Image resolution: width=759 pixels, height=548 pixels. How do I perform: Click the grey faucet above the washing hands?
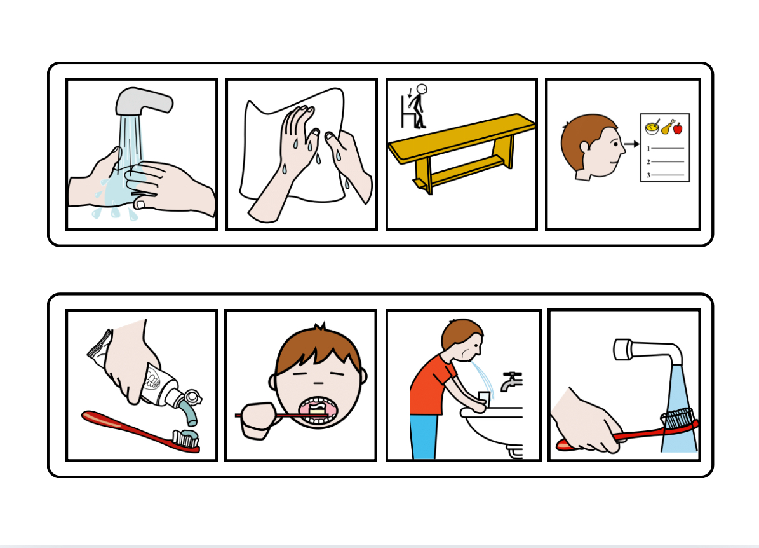click(143, 100)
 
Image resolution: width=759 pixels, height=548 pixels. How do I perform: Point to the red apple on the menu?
click(678, 128)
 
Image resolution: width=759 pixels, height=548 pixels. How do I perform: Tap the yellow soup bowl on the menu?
click(652, 128)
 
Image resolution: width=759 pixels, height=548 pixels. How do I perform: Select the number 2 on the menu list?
click(648, 161)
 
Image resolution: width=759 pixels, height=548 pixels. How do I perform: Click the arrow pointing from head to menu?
click(631, 144)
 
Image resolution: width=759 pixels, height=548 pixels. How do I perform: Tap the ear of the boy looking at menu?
click(584, 147)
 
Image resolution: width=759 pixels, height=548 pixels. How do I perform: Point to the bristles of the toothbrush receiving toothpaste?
click(187, 437)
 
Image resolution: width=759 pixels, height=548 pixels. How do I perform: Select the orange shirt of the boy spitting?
click(429, 385)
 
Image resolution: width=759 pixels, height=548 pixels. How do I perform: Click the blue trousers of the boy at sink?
click(423, 435)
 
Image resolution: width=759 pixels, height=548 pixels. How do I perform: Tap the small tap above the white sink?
click(510, 381)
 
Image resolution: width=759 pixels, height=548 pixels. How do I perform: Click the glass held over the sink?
click(484, 399)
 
